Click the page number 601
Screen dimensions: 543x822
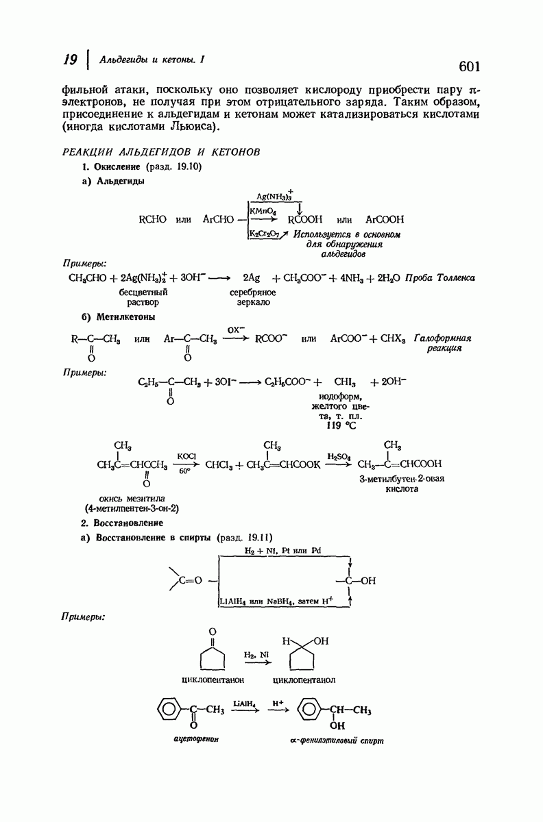(470, 66)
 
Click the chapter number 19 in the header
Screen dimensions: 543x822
(70, 60)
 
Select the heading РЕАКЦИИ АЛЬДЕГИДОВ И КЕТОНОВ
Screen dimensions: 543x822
(161, 152)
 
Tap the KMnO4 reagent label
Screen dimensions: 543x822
(263, 212)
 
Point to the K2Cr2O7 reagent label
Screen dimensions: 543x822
(265, 234)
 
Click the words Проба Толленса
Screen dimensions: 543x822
(439, 278)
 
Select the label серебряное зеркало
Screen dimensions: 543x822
(253, 297)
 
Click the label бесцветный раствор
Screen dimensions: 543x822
(143, 297)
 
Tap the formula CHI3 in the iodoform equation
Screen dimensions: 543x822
(345, 382)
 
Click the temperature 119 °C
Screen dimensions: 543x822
(341, 425)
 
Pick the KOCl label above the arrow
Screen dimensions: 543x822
(186, 456)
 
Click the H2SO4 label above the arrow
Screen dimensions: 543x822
(339, 456)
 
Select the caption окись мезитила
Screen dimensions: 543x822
(132, 499)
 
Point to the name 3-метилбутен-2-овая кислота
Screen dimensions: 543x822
(402, 484)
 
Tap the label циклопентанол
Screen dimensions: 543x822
(304, 680)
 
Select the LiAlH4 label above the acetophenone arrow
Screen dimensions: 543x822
(244, 703)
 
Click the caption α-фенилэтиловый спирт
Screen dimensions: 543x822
(337, 740)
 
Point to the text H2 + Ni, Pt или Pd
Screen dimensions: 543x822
(282, 551)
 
